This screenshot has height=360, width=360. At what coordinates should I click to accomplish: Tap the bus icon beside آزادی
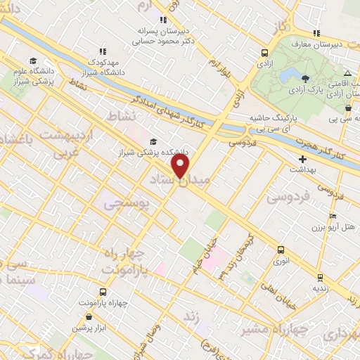pyautogui.click(x=264, y=53)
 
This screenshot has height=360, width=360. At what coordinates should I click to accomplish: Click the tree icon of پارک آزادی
pyautogui.click(x=304, y=78)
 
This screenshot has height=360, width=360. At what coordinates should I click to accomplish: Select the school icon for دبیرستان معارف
pyautogui.click(x=317, y=33)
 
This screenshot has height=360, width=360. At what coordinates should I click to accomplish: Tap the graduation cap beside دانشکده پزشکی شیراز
pyautogui.click(x=153, y=141)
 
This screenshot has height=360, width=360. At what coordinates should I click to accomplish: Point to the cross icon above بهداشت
pyautogui.click(x=302, y=160)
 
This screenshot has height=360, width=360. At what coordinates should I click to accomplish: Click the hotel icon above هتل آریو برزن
pyautogui.click(x=333, y=216)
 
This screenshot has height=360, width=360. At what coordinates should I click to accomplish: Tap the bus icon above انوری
pyautogui.click(x=281, y=250)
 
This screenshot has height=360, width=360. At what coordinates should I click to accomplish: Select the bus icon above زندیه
pyautogui.click(x=320, y=277)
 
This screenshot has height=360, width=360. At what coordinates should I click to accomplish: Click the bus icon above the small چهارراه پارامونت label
pyautogui.click(x=103, y=292)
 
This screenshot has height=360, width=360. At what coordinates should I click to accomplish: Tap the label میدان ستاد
pyautogui.click(x=176, y=181)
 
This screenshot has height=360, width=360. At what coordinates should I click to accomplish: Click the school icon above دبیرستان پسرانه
pyautogui.click(x=163, y=20)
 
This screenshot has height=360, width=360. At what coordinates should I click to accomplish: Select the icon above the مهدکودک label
pyautogui.click(x=103, y=51)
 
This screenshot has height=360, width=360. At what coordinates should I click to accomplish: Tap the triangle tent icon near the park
pyautogui.click(x=347, y=74)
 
